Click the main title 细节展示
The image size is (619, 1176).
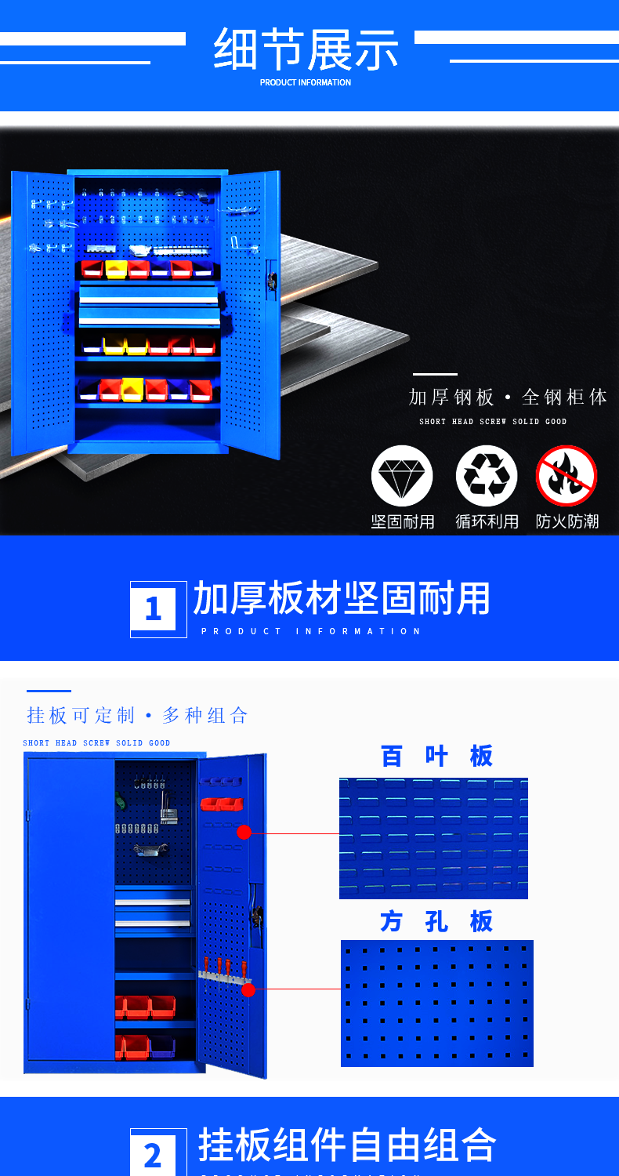tap(306, 49)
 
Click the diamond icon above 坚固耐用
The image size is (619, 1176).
tap(402, 476)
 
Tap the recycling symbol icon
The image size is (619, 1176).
tap(487, 476)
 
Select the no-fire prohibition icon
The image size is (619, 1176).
tap(567, 476)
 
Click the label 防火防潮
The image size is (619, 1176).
tap(567, 521)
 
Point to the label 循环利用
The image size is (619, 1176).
tap(487, 521)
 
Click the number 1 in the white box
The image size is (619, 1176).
tap(153, 608)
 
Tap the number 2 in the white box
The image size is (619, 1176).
tap(153, 1156)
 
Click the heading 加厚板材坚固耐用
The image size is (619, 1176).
tap(342, 598)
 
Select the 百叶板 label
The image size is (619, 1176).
tap(436, 756)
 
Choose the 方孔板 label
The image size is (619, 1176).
tap(436, 921)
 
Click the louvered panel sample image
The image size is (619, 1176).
tap(433, 838)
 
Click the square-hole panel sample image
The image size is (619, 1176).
tap(437, 1004)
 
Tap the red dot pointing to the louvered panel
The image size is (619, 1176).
tap(244, 832)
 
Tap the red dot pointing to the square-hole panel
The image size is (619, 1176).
tap(248, 989)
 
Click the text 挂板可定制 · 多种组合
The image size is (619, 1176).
tap(137, 715)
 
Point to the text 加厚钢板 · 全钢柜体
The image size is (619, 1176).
tap(508, 397)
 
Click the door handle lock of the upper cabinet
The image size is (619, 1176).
tap(272, 281)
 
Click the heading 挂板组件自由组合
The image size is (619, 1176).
tap(347, 1145)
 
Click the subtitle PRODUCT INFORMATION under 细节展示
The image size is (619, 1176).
tap(306, 82)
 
